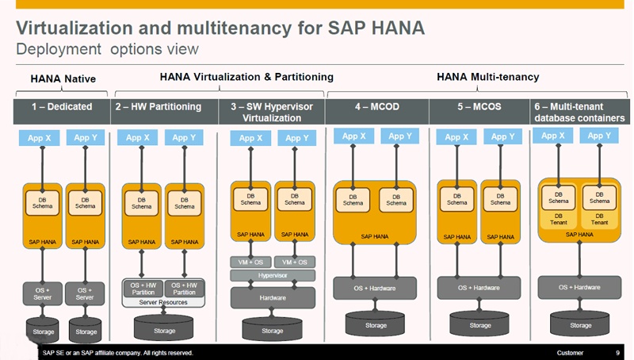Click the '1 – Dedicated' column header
click(x=63, y=106)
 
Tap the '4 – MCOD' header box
click(x=376, y=106)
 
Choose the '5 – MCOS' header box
click(x=479, y=106)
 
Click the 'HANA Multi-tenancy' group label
click(x=487, y=77)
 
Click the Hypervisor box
click(x=273, y=275)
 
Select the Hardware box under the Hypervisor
click(x=273, y=297)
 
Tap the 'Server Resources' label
click(x=163, y=302)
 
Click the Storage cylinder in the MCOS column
click(x=479, y=324)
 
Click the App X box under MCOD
click(x=353, y=136)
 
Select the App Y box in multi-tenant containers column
click(x=599, y=136)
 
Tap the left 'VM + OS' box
click(x=250, y=262)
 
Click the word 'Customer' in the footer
click(x=570, y=353)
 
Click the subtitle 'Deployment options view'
click(x=108, y=49)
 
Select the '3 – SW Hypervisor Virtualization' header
click(x=272, y=112)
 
